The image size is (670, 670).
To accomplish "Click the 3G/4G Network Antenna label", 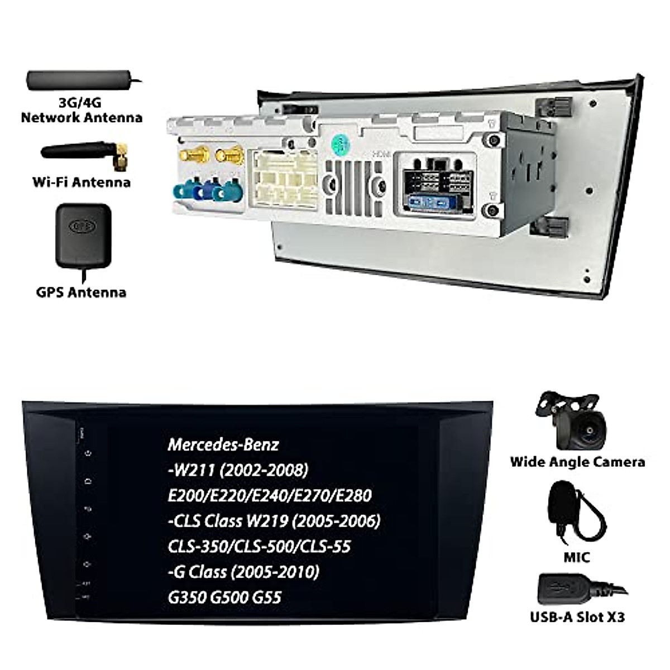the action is pos(82,110).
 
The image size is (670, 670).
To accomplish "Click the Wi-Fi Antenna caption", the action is pos(82,182).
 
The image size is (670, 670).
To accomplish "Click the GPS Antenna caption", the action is pos(82,292).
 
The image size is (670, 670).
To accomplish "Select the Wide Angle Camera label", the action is pos(577,462).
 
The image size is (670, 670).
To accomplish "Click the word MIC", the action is pos(577,557).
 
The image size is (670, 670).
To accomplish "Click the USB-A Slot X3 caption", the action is pos(577,617).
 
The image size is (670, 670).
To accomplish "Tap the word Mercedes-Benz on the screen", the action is pos(223,444).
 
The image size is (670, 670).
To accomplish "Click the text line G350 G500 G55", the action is pos(224,597).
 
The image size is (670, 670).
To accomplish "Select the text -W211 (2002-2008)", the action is pos(238,470).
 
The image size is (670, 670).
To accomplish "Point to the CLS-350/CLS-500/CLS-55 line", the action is pos(260,546).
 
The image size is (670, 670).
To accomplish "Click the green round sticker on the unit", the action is pos(339,146).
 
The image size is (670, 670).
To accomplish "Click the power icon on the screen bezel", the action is pos(88,453).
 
